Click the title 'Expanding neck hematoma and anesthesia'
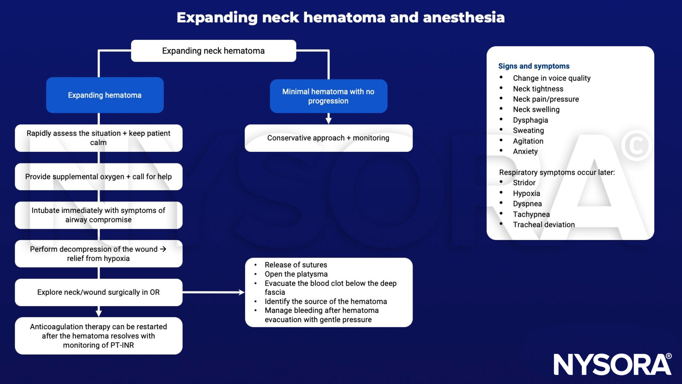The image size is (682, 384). pyautogui.click(x=341, y=18)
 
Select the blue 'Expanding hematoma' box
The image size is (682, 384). pyautogui.click(x=105, y=95)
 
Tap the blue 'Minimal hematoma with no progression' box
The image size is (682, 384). pyautogui.click(x=328, y=96)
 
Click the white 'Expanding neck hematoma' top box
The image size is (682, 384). pyautogui.click(x=213, y=51)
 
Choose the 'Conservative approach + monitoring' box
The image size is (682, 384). pyautogui.click(x=328, y=138)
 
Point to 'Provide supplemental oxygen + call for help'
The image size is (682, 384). pyautogui.click(x=98, y=177)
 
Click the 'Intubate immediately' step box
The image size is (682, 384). pyautogui.click(x=98, y=215)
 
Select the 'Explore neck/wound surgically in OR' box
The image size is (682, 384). pyautogui.click(x=98, y=292)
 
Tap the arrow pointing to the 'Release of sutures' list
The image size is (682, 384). pyautogui.click(x=214, y=292)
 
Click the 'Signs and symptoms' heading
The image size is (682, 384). pyautogui.click(x=534, y=66)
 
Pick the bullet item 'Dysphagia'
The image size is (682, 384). pyautogui.click(x=530, y=120)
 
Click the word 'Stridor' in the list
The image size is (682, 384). pyautogui.click(x=524, y=183)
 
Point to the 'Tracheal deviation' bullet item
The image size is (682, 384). pyautogui.click(x=543, y=225)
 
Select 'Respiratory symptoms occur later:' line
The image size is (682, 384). pyautogui.click(x=556, y=172)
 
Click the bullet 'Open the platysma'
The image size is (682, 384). pyautogui.click(x=296, y=274)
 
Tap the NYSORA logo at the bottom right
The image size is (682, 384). pyautogui.click(x=612, y=364)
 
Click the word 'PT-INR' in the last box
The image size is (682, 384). pyautogui.click(x=122, y=345)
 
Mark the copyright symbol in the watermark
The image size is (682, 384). pyautogui.click(x=636, y=146)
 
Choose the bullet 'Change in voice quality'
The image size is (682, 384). pyautogui.click(x=551, y=78)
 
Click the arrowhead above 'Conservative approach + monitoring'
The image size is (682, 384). pyautogui.click(x=329, y=120)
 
